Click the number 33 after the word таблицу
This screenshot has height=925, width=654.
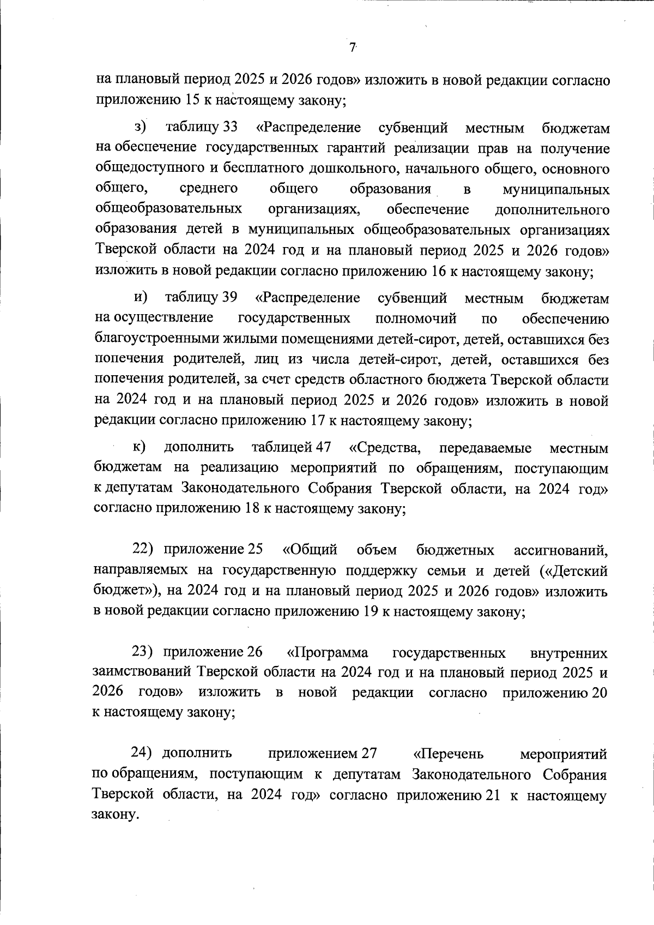231,128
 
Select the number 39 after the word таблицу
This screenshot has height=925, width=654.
229,298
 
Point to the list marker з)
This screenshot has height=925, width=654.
140,128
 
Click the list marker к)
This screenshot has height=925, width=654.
139,448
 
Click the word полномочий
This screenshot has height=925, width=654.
416,319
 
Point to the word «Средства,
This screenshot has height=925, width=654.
384,448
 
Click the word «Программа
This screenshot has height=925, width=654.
327,652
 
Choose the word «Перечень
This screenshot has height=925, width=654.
449,754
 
